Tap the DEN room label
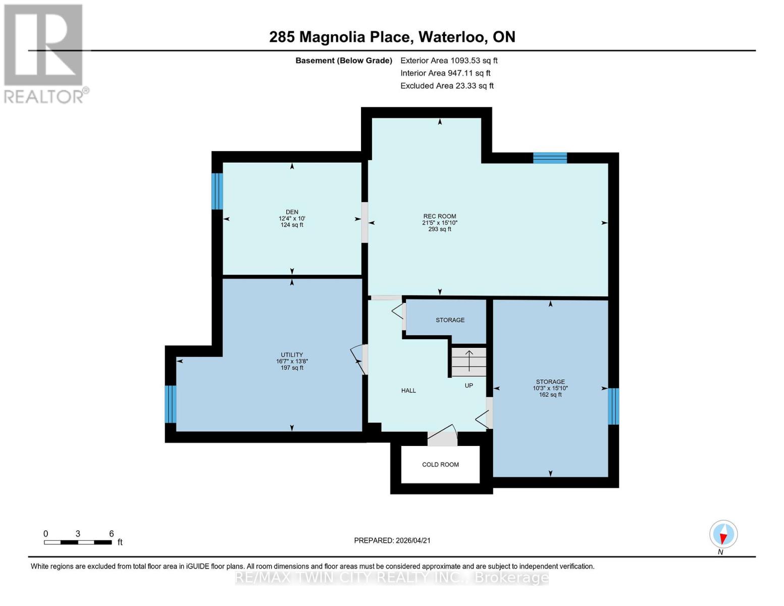(292, 213)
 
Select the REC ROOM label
(440, 216)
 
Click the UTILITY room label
(292, 355)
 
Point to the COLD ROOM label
(440, 465)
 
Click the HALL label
(408, 390)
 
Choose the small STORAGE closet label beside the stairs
(450, 320)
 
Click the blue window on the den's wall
(217, 191)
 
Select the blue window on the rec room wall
(550, 158)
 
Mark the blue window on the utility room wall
(171, 404)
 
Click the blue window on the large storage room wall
(613, 406)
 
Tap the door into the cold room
(442, 438)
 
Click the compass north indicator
(723, 534)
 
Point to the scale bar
(78, 542)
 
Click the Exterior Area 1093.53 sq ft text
(449, 61)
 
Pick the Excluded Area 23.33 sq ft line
(447, 86)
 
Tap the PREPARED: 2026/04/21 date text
(392, 540)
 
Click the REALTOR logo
(44, 54)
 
